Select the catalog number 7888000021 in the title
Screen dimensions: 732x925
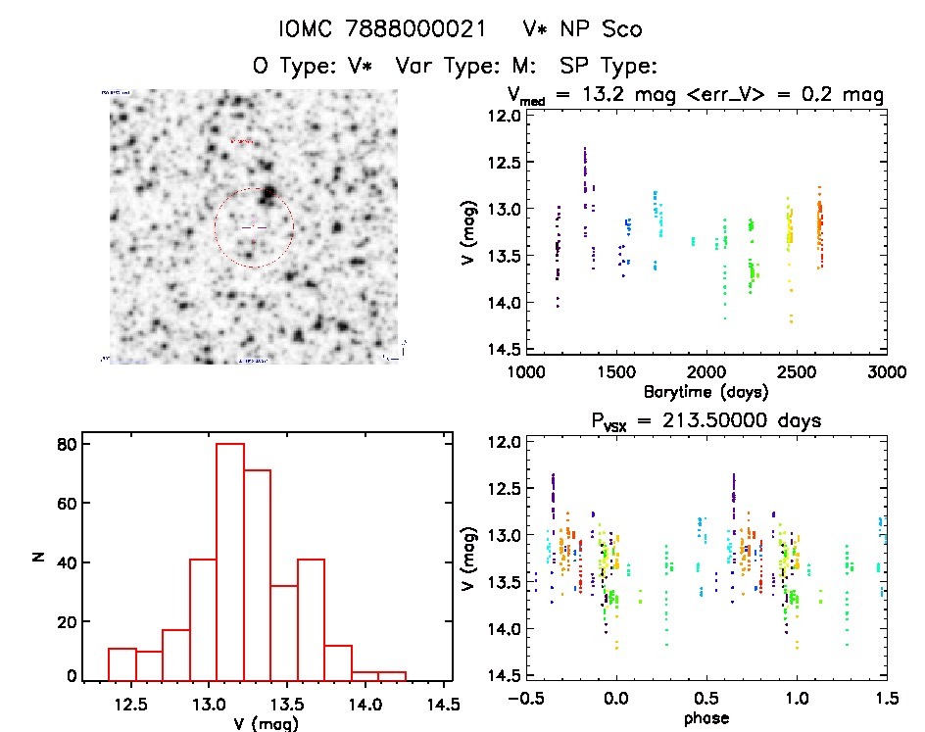click(425, 30)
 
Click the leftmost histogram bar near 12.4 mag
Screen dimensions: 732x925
click(122, 663)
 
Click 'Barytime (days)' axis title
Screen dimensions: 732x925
click(706, 391)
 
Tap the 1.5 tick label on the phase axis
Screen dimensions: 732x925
click(887, 700)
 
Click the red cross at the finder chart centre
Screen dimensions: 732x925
click(254, 227)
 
